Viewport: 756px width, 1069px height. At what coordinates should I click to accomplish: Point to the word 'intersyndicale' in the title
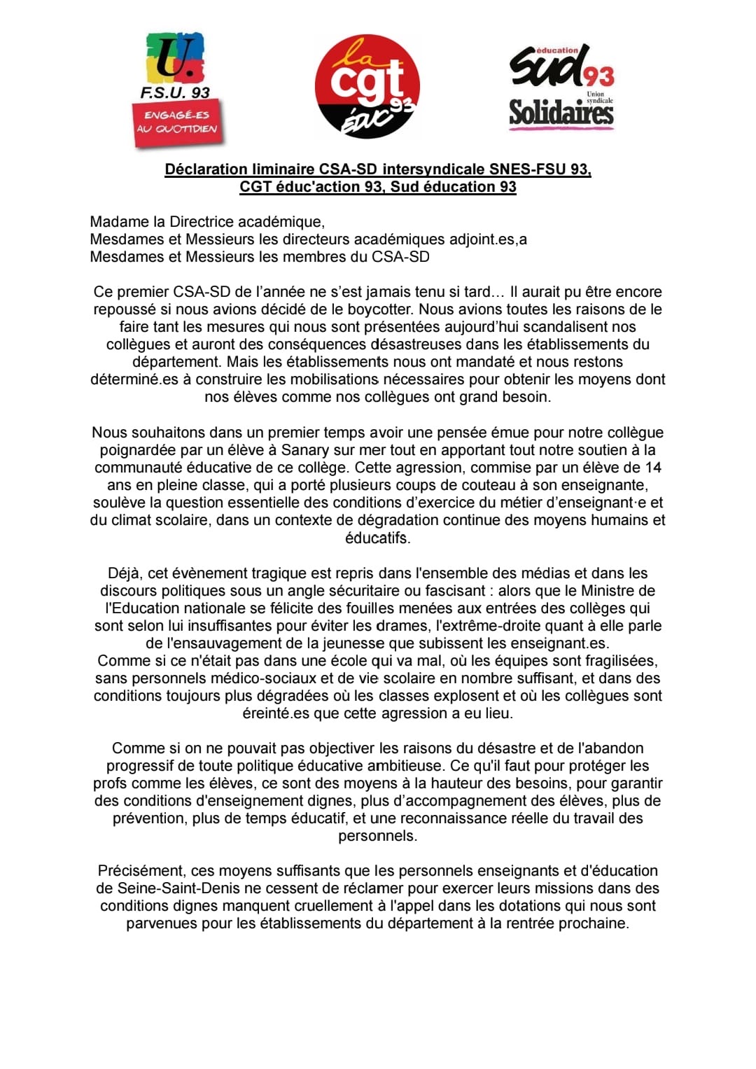(433, 169)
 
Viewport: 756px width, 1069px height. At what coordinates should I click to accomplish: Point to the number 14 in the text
(652, 468)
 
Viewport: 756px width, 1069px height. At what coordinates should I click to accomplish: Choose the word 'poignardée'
(138, 450)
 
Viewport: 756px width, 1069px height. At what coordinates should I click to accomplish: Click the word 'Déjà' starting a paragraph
(124, 573)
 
